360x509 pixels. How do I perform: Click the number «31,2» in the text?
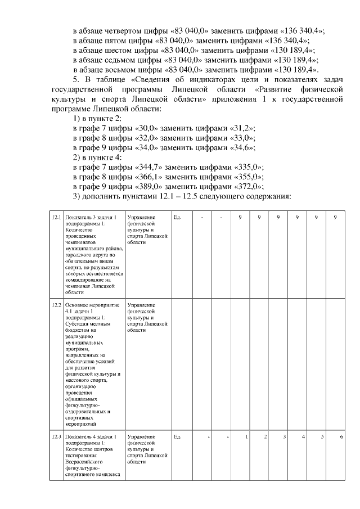(242, 128)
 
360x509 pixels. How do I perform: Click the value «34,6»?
(242, 148)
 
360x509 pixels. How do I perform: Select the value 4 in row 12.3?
(303, 436)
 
